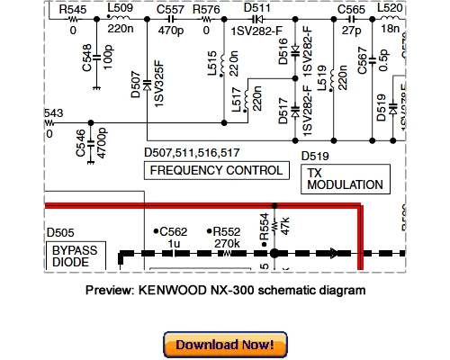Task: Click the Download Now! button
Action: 225,345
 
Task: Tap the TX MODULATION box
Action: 345,178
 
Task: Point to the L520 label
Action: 390,8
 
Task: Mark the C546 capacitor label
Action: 82,142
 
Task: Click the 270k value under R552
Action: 227,243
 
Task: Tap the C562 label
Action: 175,230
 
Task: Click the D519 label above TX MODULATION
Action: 316,155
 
